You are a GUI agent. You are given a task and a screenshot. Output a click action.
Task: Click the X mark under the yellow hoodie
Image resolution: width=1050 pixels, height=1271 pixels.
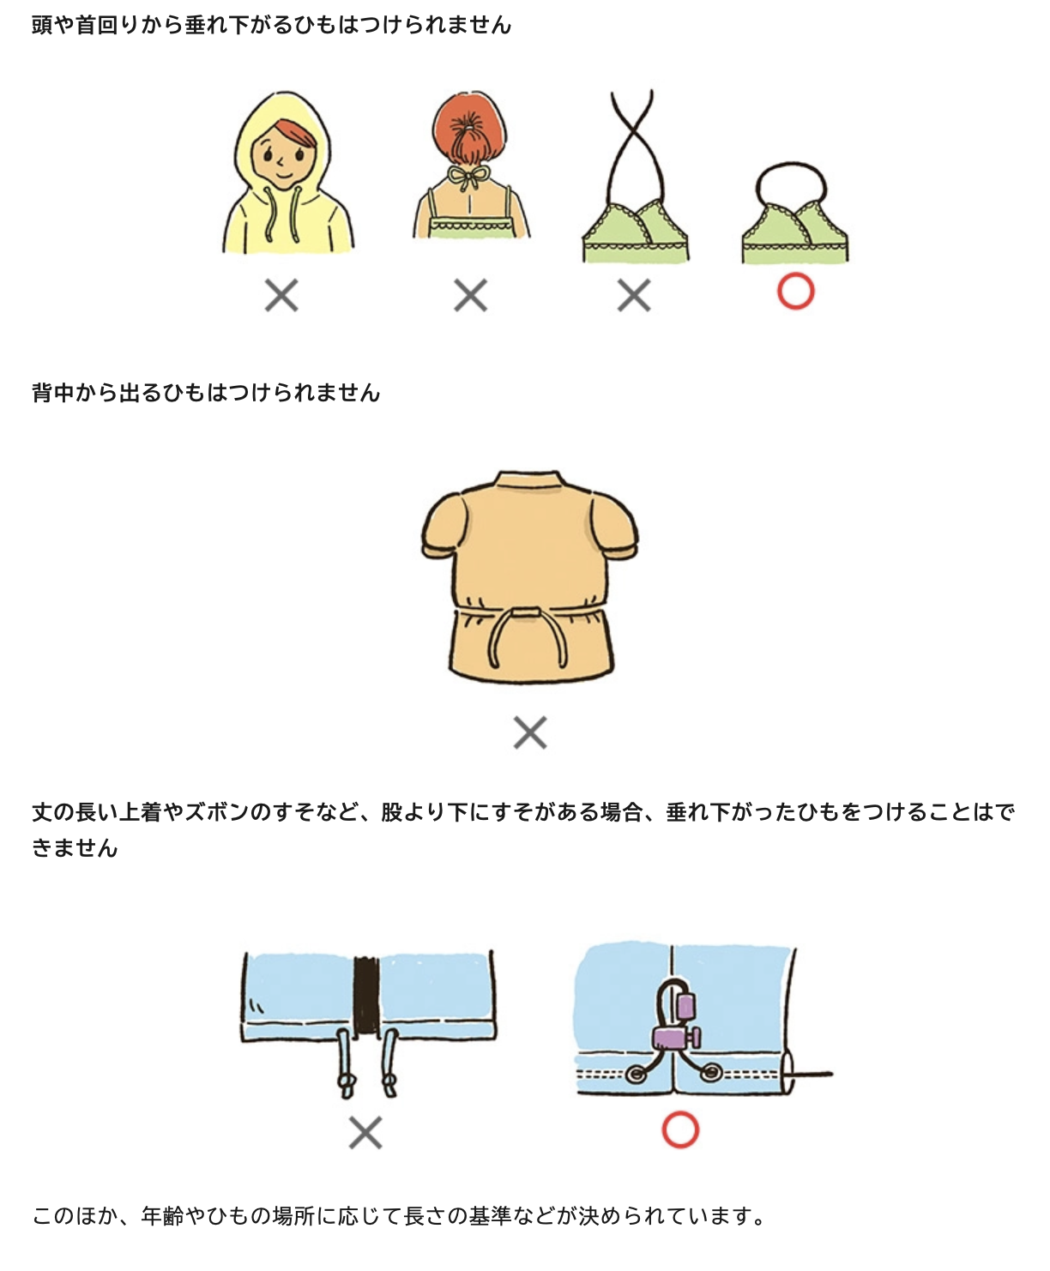pyautogui.click(x=281, y=295)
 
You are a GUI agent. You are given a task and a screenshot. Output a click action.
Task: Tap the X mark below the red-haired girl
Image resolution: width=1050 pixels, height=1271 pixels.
pyautogui.click(x=471, y=295)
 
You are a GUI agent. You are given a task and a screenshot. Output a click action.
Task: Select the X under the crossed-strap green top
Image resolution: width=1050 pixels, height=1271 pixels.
pyautogui.click(x=634, y=295)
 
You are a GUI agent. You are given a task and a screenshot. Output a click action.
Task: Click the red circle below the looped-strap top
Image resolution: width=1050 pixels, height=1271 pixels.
pyautogui.click(x=795, y=292)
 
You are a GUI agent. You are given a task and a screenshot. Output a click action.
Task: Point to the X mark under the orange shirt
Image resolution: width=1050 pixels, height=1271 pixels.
pyautogui.click(x=530, y=732)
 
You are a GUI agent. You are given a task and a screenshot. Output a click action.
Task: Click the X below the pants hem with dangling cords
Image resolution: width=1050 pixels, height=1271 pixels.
pyautogui.click(x=365, y=1132)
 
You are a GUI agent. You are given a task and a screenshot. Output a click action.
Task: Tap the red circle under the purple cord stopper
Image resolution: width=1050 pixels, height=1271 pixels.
pyautogui.click(x=679, y=1129)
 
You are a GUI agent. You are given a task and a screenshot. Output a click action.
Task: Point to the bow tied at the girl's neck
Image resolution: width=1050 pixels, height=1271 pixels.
pyautogui.click(x=468, y=177)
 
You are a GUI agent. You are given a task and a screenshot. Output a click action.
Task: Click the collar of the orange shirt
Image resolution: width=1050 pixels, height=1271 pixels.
pyautogui.click(x=528, y=481)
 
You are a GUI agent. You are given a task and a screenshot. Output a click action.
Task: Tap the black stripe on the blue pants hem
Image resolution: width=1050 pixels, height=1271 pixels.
pyautogui.click(x=366, y=996)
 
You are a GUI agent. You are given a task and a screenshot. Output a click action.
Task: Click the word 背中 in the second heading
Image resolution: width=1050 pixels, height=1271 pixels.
pyautogui.click(x=53, y=393)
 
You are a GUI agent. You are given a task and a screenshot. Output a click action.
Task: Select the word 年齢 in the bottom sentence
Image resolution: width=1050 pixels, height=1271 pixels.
pyautogui.click(x=162, y=1215)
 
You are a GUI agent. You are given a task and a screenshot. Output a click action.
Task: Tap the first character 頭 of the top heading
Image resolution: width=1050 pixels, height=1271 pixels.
pyautogui.click(x=43, y=25)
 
